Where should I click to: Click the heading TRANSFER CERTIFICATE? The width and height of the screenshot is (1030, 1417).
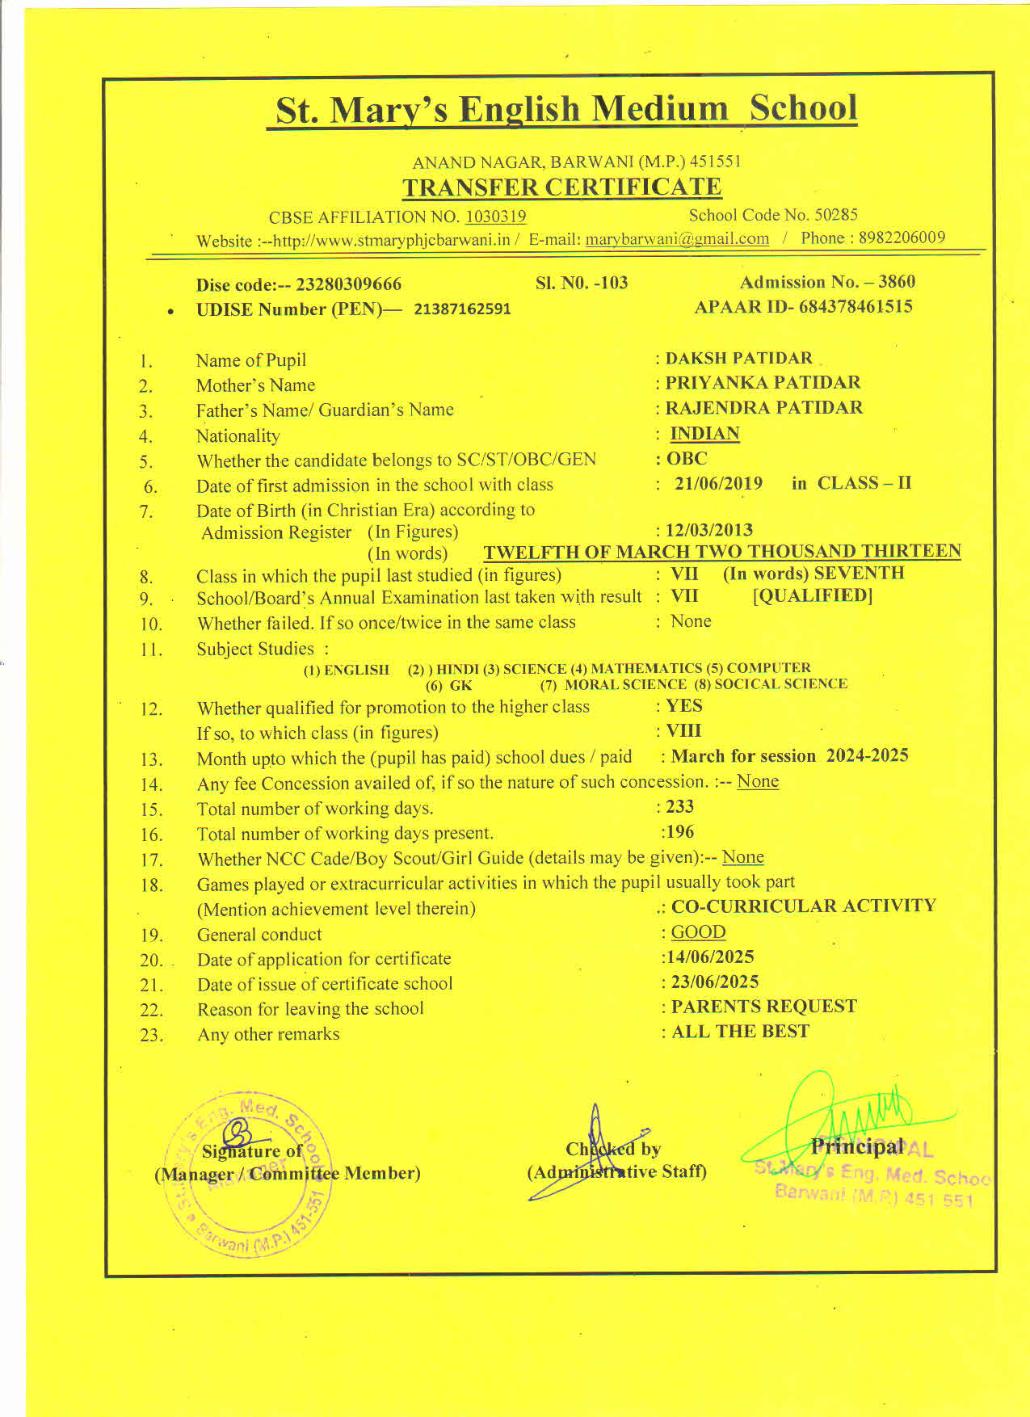click(x=561, y=187)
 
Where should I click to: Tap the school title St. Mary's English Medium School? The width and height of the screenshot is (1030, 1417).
click(x=565, y=110)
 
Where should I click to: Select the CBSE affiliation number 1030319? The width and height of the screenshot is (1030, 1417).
click(x=495, y=217)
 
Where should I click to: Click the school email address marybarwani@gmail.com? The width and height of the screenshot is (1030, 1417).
click(x=677, y=239)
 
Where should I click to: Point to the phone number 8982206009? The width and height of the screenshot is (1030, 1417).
click(x=902, y=238)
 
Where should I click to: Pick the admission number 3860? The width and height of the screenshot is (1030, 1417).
click(x=897, y=282)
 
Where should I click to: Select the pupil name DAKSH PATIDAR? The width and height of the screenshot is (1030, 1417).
click(x=738, y=358)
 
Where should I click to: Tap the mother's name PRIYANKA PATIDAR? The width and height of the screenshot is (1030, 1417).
click(x=763, y=382)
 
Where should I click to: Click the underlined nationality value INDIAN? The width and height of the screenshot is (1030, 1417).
click(x=704, y=434)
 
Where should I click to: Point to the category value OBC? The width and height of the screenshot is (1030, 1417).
click(x=687, y=459)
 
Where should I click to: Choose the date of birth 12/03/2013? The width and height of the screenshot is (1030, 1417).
click(x=708, y=530)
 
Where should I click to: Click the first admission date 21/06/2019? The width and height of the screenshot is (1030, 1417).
click(x=718, y=484)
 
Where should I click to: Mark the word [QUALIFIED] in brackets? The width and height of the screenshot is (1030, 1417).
click(x=813, y=596)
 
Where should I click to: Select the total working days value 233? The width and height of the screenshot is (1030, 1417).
click(x=679, y=806)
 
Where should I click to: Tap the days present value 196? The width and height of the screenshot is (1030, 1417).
click(x=679, y=832)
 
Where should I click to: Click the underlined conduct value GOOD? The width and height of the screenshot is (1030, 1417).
click(x=698, y=932)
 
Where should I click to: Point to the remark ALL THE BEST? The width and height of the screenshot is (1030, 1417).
click(x=740, y=1032)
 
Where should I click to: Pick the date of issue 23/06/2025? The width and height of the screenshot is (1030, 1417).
click(x=715, y=982)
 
